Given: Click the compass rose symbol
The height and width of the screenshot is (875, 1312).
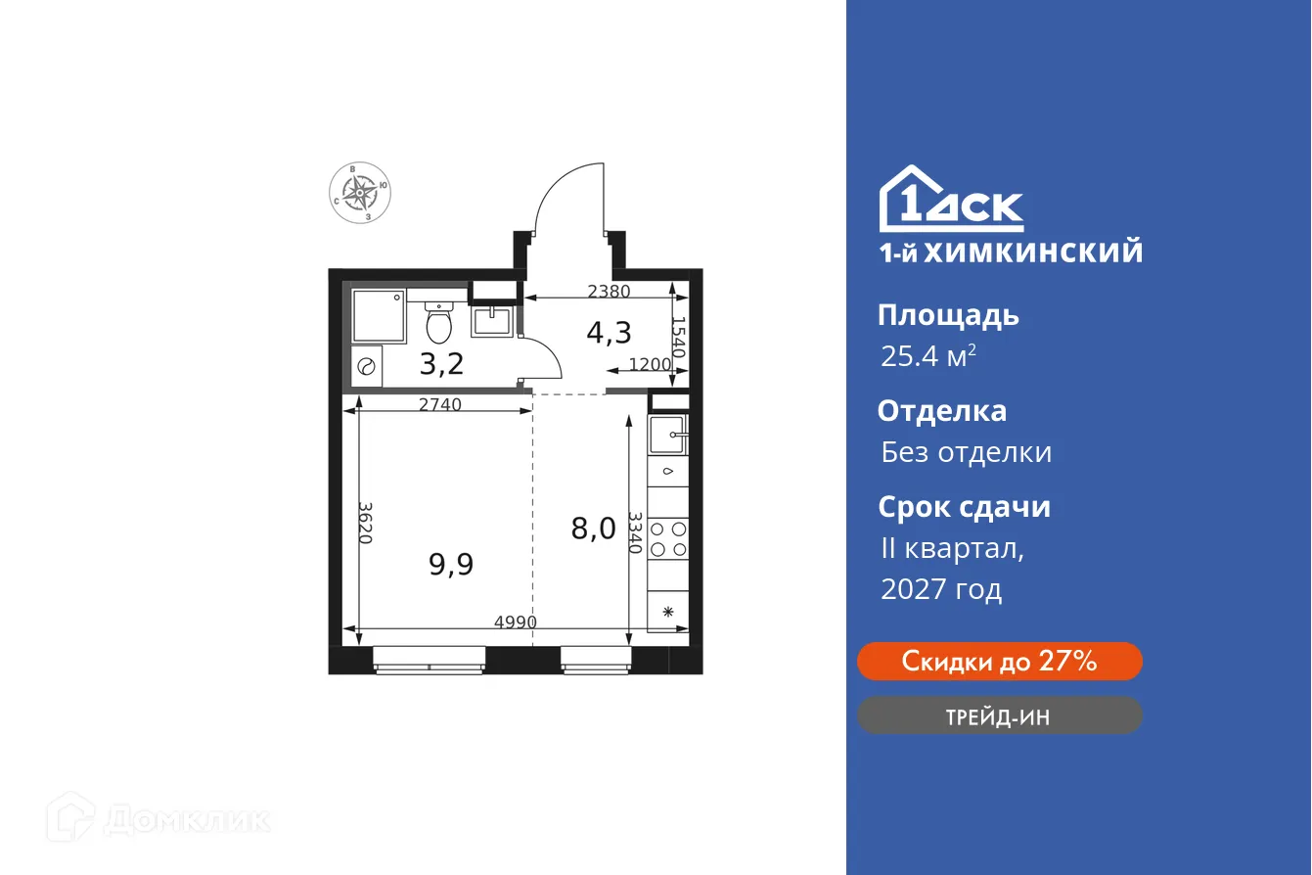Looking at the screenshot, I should tap(361, 193).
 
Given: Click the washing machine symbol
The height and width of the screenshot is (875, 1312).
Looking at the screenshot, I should tap(367, 367).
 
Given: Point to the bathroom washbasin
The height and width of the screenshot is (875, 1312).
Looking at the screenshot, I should tap(490, 320).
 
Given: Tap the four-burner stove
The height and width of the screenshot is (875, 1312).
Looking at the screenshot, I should tap(668, 539).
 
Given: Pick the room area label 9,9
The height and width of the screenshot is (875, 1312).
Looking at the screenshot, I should tap(451, 564).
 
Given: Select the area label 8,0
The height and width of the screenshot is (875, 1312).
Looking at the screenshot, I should tap(593, 529).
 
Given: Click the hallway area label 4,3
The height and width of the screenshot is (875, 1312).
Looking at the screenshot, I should tap(608, 334).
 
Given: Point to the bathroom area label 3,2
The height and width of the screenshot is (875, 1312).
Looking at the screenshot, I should tap(441, 364).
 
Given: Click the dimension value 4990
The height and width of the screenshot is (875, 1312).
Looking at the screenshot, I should tap(515, 622).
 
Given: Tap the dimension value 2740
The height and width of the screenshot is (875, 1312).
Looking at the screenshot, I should tap(439, 404).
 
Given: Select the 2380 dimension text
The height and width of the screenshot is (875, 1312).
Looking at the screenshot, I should tap(609, 291).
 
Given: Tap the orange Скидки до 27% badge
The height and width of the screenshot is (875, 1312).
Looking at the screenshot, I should tap(999, 662).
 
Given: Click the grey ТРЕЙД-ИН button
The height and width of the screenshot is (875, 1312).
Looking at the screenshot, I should tap(999, 716).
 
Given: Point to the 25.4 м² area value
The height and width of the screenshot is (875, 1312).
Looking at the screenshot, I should tap(927, 356).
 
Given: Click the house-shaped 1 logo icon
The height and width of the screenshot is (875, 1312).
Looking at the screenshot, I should tap(905, 200).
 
